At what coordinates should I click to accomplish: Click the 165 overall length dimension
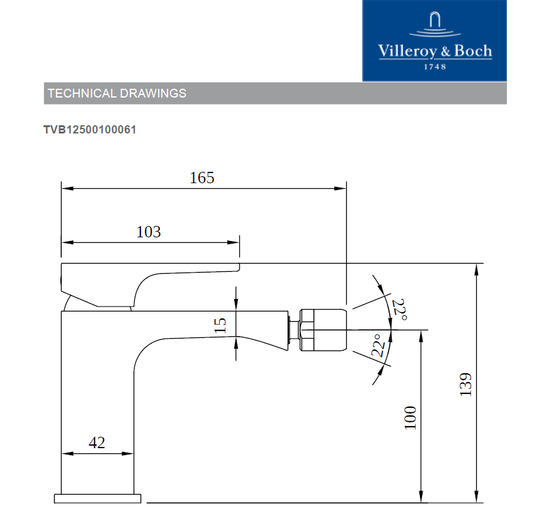pos(202,178)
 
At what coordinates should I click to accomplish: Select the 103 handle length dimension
pos(149,232)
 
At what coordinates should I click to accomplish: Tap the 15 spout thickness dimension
pos(220,325)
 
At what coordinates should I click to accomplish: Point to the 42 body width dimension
pos(97,443)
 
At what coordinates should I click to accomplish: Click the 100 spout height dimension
pos(411,417)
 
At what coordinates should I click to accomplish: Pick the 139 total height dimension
pos(465,385)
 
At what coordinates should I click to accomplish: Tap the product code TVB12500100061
pos(90,130)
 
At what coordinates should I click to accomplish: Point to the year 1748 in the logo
pos(435,67)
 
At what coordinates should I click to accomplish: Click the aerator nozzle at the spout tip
pos(324,330)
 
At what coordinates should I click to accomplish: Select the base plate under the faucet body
pos(98,499)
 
